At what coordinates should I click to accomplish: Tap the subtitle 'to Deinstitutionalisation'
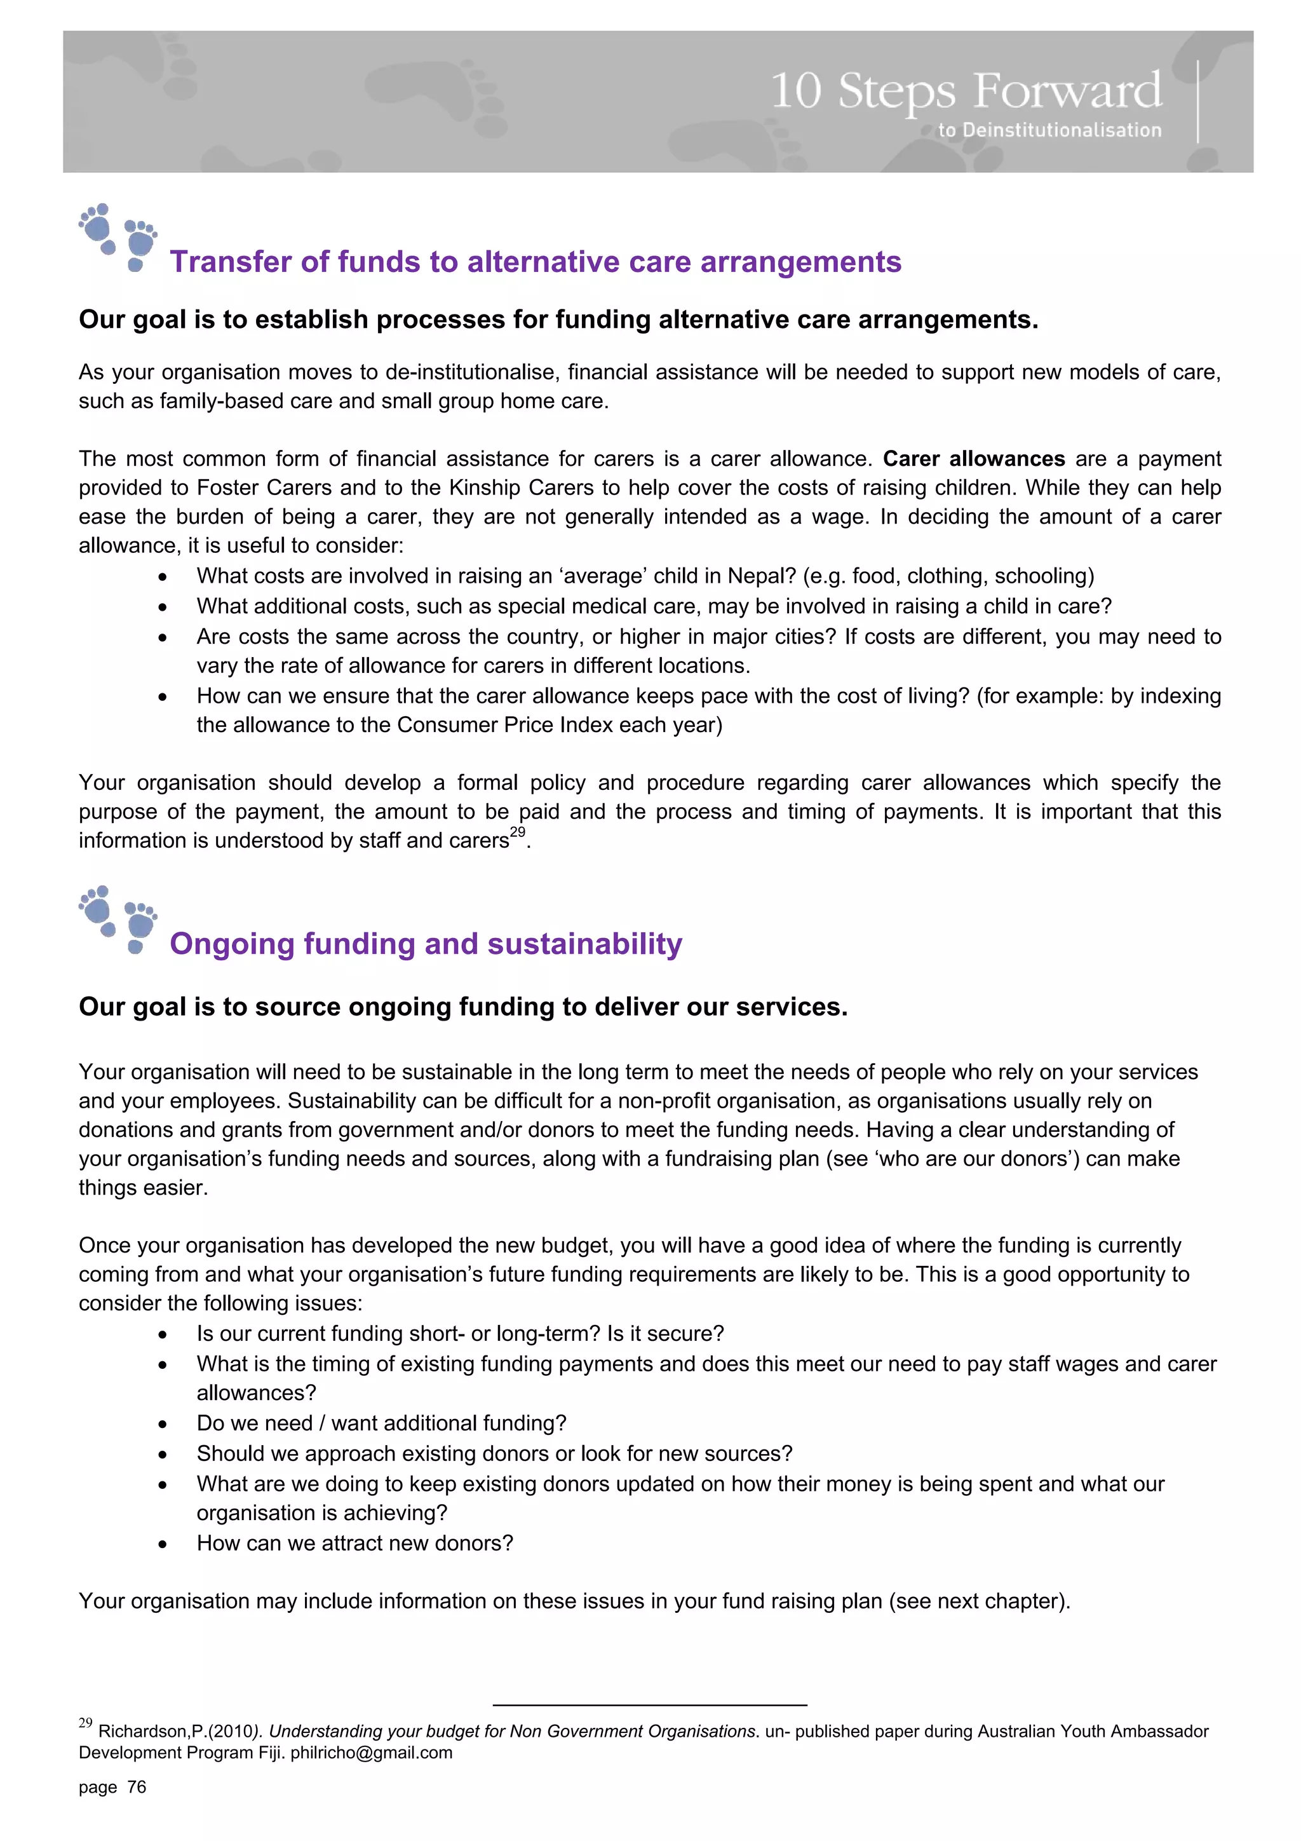1049,130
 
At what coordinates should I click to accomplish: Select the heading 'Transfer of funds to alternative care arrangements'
535,262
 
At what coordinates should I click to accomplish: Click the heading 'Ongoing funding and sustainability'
426,944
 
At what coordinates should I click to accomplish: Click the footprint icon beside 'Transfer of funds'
119,237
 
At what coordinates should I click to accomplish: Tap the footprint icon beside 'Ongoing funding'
119,919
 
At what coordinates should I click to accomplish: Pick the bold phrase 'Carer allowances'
973,459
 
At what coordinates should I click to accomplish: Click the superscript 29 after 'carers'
517,832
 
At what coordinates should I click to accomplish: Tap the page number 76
137,1786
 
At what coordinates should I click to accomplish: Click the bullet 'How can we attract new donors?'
354,1543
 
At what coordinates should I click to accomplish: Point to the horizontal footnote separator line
649,1705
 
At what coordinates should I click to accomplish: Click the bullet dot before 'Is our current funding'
163,1335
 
